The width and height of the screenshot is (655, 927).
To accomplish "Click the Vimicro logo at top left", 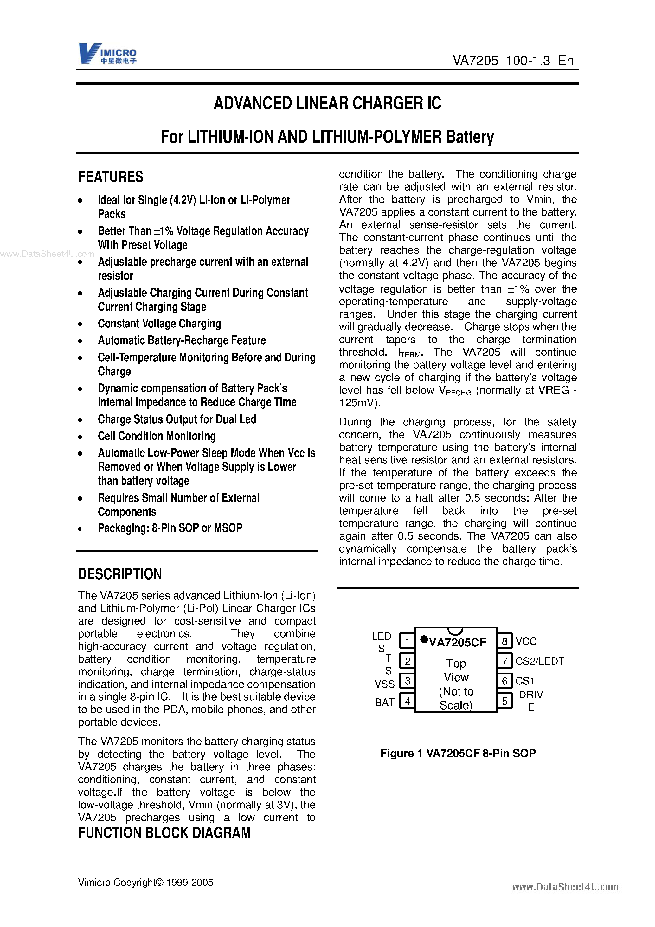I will pyautogui.click(x=108, y=54).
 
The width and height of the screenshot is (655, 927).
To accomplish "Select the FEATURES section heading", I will pyautogui.click(x=111, y=177).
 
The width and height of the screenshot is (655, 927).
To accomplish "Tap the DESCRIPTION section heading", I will pyautogui.click(x=120, y=574).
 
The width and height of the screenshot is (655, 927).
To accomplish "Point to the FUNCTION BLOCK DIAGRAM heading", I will pyautogui.click(x=164, y=833).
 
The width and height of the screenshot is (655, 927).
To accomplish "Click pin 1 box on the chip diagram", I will pyautogui.click(x=407, y=641).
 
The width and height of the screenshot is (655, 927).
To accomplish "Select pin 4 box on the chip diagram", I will pyautogui.click(x=407, y=701).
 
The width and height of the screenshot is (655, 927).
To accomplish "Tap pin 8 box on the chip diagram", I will pyautogui.click(x=504, y=641).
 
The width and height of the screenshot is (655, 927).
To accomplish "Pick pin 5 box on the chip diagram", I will pyautogui.click(x=504, y=701).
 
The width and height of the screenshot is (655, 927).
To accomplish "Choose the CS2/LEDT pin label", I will pyautogui.click(x=540, y=661).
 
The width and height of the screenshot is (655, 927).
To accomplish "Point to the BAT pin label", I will pyautogui.click(x=384, y=703).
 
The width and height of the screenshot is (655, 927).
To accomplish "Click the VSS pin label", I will pyautogui.click(x=384, y=684).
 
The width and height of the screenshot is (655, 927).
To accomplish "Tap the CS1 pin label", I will pyautogui.click(x=525, y=681).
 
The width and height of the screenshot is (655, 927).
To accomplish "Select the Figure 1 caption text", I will pyautogui.click(x=458, y=753).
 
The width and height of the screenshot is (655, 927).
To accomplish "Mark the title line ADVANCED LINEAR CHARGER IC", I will pyautogui.click(x=327, y=103).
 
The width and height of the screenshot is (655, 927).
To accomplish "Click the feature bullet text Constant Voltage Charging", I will pyautogui.click(x=159, y=324).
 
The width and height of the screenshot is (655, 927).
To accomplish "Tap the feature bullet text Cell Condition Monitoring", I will pyautogui.click(x=157, y=436).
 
